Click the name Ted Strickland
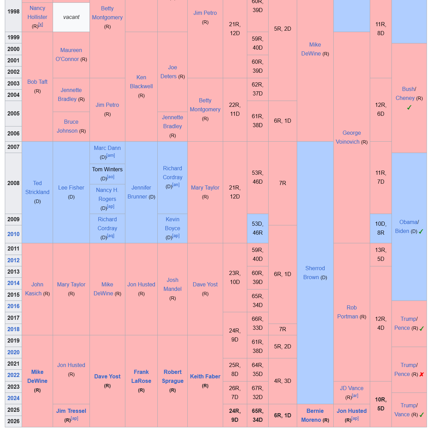(x=37, y=187)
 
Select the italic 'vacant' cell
(x=71, y=17)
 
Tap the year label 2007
(x=13, y=147)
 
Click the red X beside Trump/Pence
(x=421, y=374)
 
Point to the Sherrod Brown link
(x=315, y=273)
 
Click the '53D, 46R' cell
(x=258, y=228)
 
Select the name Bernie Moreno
(x=315, y=415)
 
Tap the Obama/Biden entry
(x=409, y=226)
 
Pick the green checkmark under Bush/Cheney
(x=409, y=108)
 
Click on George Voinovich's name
(x=351, y=137)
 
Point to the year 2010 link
(x=13, y=234)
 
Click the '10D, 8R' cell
(x=380, y=228)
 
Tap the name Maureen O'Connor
(x=71, y=54)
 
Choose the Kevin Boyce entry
(x=173, y=224)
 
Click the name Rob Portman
(x=351, y=312)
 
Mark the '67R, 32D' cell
(x=258, y=393)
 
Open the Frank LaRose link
(x=141, y=376)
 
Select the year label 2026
(x=13, y=421)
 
